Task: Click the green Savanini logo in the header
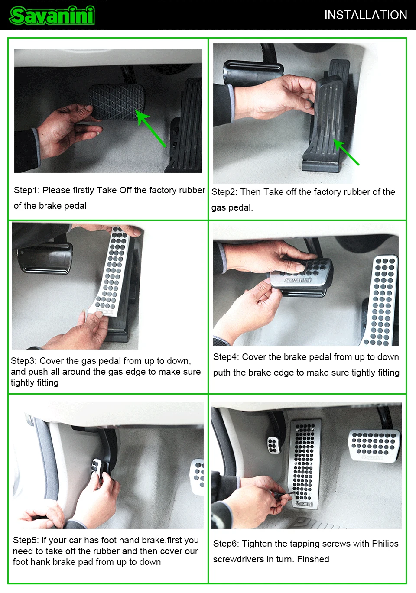(x=52, y=15)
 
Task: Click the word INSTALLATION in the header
(x=366, y=15)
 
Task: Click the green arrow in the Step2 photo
(x=346, y=152)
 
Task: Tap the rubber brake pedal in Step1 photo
(x=116, y=102)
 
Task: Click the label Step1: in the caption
(x=27, y=190)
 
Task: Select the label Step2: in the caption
(x=224, y=192)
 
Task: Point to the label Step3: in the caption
(x=24, y=361)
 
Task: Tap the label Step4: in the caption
(x=226, y=357)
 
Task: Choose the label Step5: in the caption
(x=26, y=540)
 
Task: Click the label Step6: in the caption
(x=226, y=544)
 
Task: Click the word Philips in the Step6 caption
(x=385, y=544)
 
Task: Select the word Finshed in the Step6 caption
(x=313, y=559)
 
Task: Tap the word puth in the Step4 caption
(x=222, y=373)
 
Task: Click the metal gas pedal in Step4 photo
(x=380, y=301)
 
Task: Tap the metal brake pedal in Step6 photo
(x=374, y=446)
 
